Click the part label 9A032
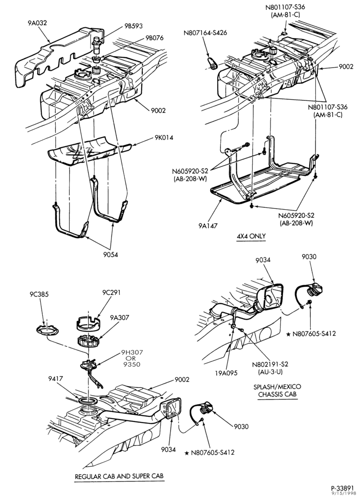37,23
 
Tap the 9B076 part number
155,38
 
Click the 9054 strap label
110,254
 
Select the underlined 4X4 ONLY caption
251,237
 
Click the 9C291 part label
111,292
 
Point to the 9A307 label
119,317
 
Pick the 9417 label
56,378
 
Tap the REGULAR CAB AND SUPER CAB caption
119,477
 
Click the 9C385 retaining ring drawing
47,330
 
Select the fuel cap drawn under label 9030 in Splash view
315,289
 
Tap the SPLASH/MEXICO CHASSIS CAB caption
277,391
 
